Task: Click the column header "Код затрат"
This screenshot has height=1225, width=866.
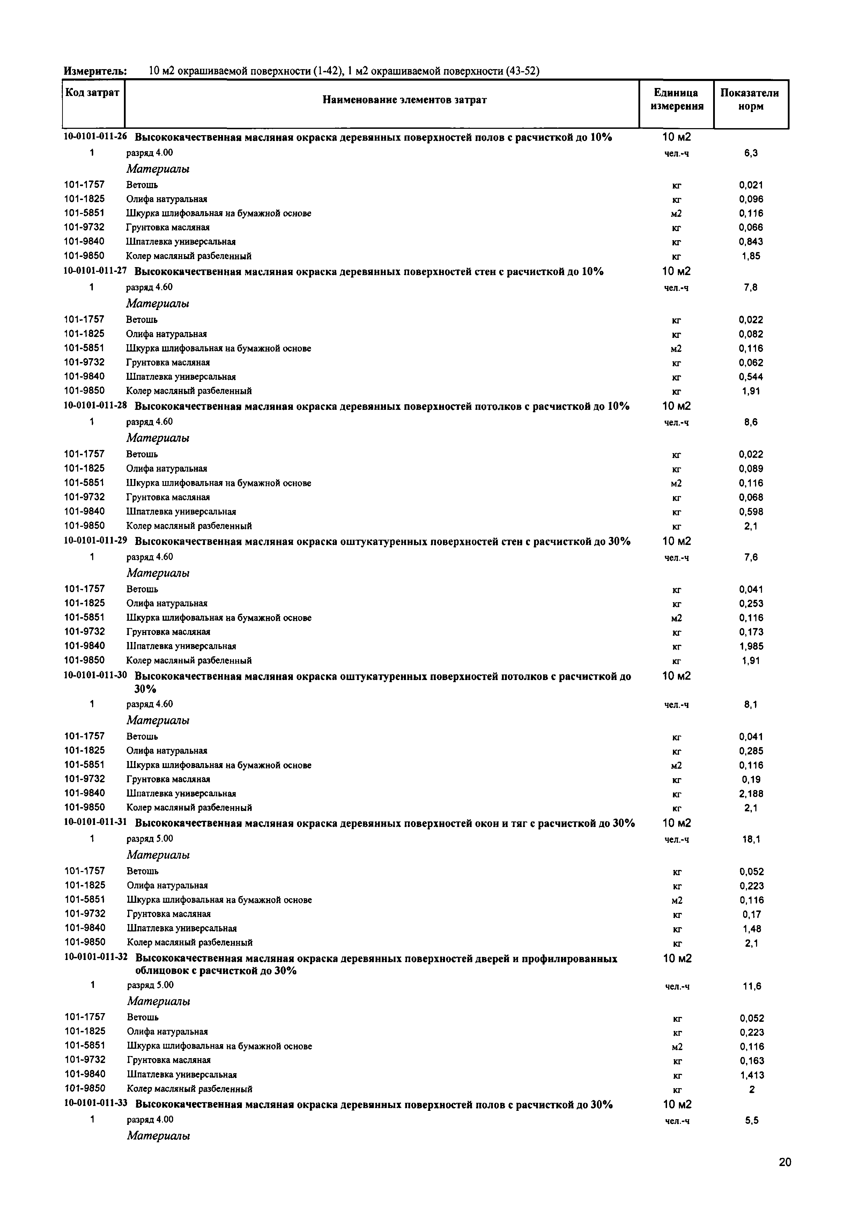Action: click(x=92, y=93)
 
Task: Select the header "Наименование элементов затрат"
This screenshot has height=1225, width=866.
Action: click(x=405, y=100)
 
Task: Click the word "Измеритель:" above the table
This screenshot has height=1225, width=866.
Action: click(x=95, y=71)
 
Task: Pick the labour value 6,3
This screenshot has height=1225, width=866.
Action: click(x=751, y=153)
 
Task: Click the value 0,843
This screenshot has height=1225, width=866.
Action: click(x=751, y=242)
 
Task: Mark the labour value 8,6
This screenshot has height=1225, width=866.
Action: click(x=751, y=422)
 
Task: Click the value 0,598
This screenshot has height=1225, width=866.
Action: click(x=751, y=512)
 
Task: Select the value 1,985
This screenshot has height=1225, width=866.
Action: click(x=751, y=646)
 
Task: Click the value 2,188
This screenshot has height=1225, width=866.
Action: click(x=751, y=794)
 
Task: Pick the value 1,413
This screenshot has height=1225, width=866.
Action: click(x=752, y=1075)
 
